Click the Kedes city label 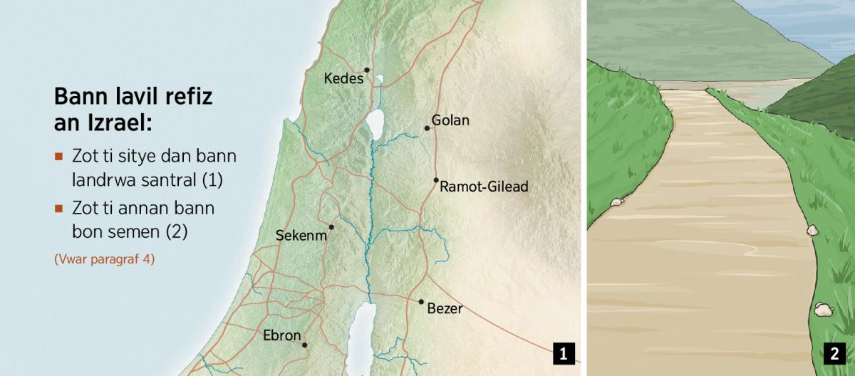click(x=343, y=78)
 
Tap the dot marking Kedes click(x=367, y=70)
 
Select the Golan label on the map click(x=450, y=120)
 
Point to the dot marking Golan click(x=427, y=128)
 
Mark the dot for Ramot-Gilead click(x=436, y=180)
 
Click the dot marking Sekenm click(x=331, y=227)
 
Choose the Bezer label click(x=445, y=309)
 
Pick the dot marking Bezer click(x=421, y=302)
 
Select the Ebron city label click(x=282, y=336)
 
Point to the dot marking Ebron click(x=305, y=345)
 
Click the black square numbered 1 click(x=564, y=353)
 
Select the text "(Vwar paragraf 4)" click(x=104, y=259)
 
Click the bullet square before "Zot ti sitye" click(x=59, y=156)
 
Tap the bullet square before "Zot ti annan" click(x=59, y=209)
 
